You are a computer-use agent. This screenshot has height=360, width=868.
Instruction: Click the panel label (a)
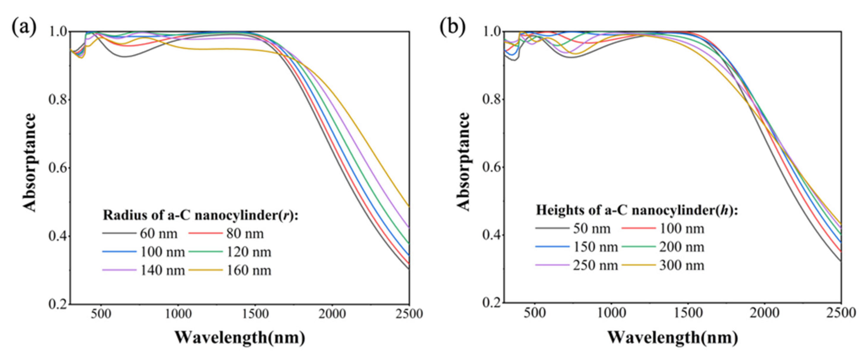pos(24,27)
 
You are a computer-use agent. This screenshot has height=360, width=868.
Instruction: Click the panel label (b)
pos(453,27)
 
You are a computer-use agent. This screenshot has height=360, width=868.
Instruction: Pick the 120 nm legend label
pos(249,252)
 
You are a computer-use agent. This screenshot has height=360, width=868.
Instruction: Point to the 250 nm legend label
pos(595,266)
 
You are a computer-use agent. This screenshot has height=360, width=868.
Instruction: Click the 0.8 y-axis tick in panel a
pos(58,100)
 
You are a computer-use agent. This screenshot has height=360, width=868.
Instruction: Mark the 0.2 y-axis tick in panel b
pos(492,302)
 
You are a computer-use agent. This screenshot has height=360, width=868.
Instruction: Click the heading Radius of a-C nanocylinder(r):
pos(200,215)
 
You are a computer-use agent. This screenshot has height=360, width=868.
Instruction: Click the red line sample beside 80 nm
pos(205,233)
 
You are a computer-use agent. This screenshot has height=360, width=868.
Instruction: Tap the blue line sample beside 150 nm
pos(552,247)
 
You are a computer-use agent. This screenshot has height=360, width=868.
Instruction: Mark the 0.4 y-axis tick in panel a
pos(58,236)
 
